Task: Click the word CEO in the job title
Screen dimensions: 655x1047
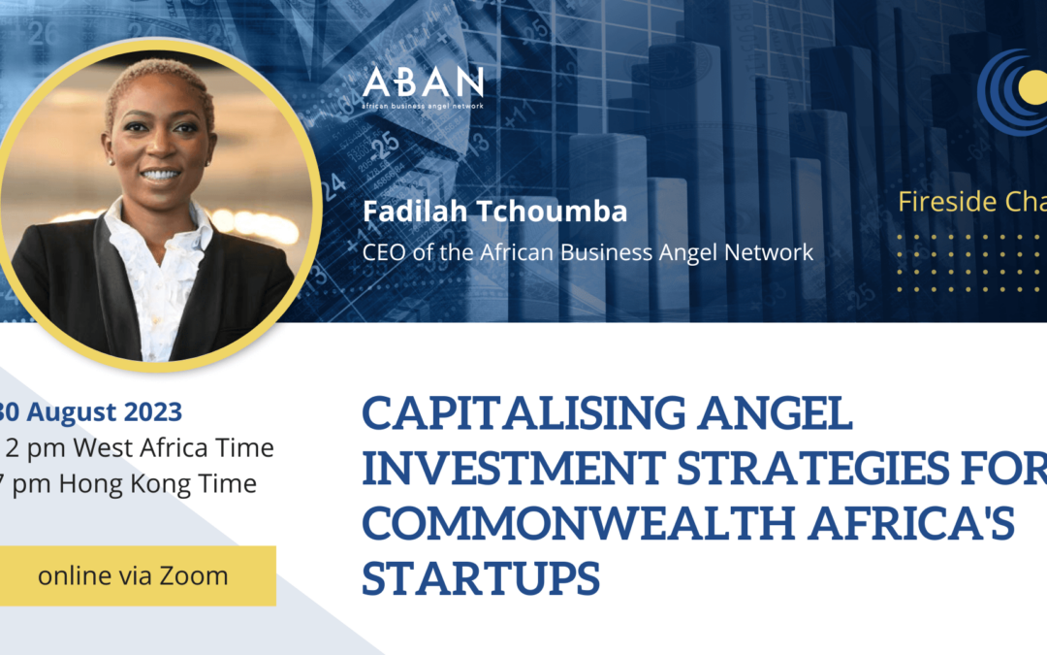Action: [381, 252]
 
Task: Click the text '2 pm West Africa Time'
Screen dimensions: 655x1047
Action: [140, 448]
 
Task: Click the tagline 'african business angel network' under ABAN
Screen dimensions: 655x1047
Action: [422, 103]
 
